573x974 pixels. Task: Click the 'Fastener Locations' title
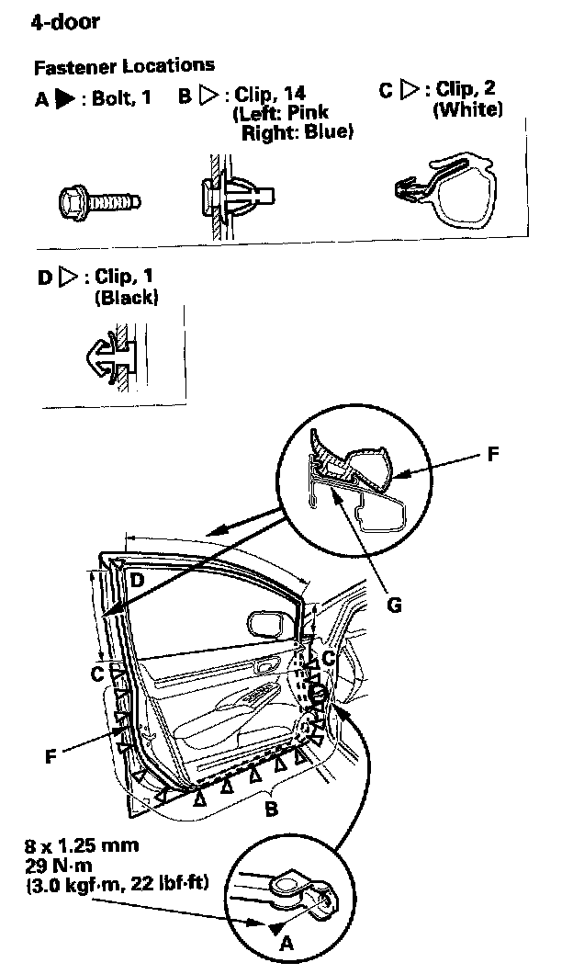click(124, 66)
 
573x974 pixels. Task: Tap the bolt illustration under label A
click(97, 198)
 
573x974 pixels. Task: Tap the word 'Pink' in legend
click(307, 113)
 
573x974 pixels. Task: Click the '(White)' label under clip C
click(467, 109)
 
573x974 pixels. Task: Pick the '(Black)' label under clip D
click(126, 298)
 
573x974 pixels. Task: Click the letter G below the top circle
click(395, 605)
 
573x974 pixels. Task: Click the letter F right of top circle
click(493, 454)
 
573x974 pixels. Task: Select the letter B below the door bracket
click(271, 810)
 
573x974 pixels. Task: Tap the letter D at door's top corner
click(136, 580)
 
